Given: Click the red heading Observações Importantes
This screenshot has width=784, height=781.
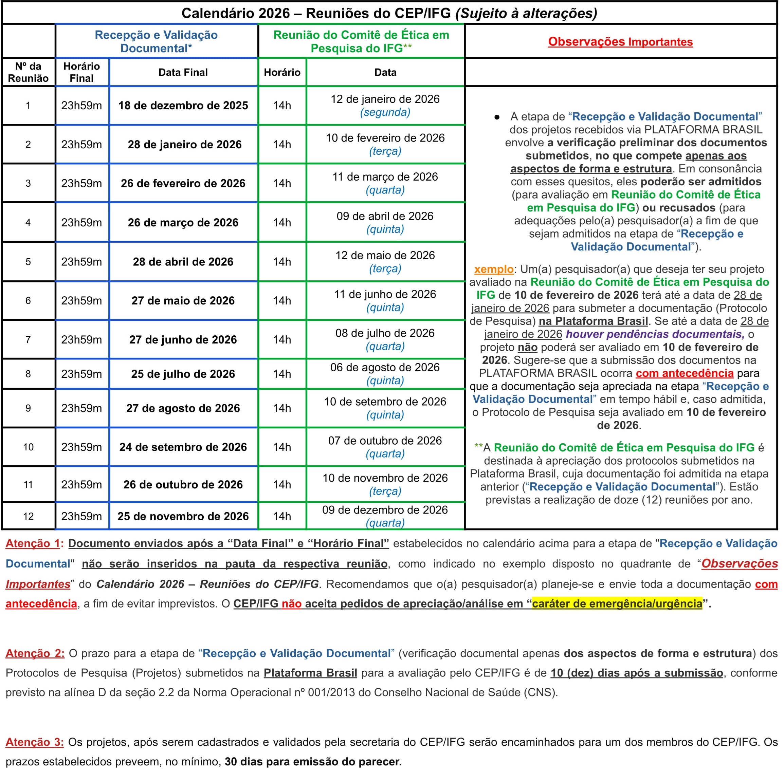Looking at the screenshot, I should pyautogui.click(x=620, y=42).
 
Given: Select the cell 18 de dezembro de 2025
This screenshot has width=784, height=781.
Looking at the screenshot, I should pyautogui.click(x=183, y=106).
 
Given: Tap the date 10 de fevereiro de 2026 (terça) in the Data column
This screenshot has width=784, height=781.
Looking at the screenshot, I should pyautogui.click(x=385, y=145).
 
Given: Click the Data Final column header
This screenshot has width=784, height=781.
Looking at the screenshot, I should pyautogui.click(x=183, y=72).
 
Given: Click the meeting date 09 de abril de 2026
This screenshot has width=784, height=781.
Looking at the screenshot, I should pyautogui.click(x=385, y=222).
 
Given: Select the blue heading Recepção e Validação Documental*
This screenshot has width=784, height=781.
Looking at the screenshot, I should pyautogui.click(x=156, y=41).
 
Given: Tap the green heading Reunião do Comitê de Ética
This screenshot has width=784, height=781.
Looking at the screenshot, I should pyautogui.click(x=361, y=41).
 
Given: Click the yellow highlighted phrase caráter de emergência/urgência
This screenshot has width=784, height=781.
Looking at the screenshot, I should pyautogui.click(x=617, y=604).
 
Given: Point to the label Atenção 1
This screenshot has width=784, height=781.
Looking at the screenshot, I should pyautogui.click(x=33, y=543).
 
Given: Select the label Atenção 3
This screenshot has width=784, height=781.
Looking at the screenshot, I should pyautogui.click(x=35, y=742).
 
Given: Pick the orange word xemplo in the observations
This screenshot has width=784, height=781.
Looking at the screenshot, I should pyautogui.click(x=493, y=269).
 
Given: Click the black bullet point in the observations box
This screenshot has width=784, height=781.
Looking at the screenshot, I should pyautogui.click(x=497, y=117).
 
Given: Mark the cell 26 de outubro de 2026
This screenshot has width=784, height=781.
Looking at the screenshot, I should pyautogui.click(x=183, y=484).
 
